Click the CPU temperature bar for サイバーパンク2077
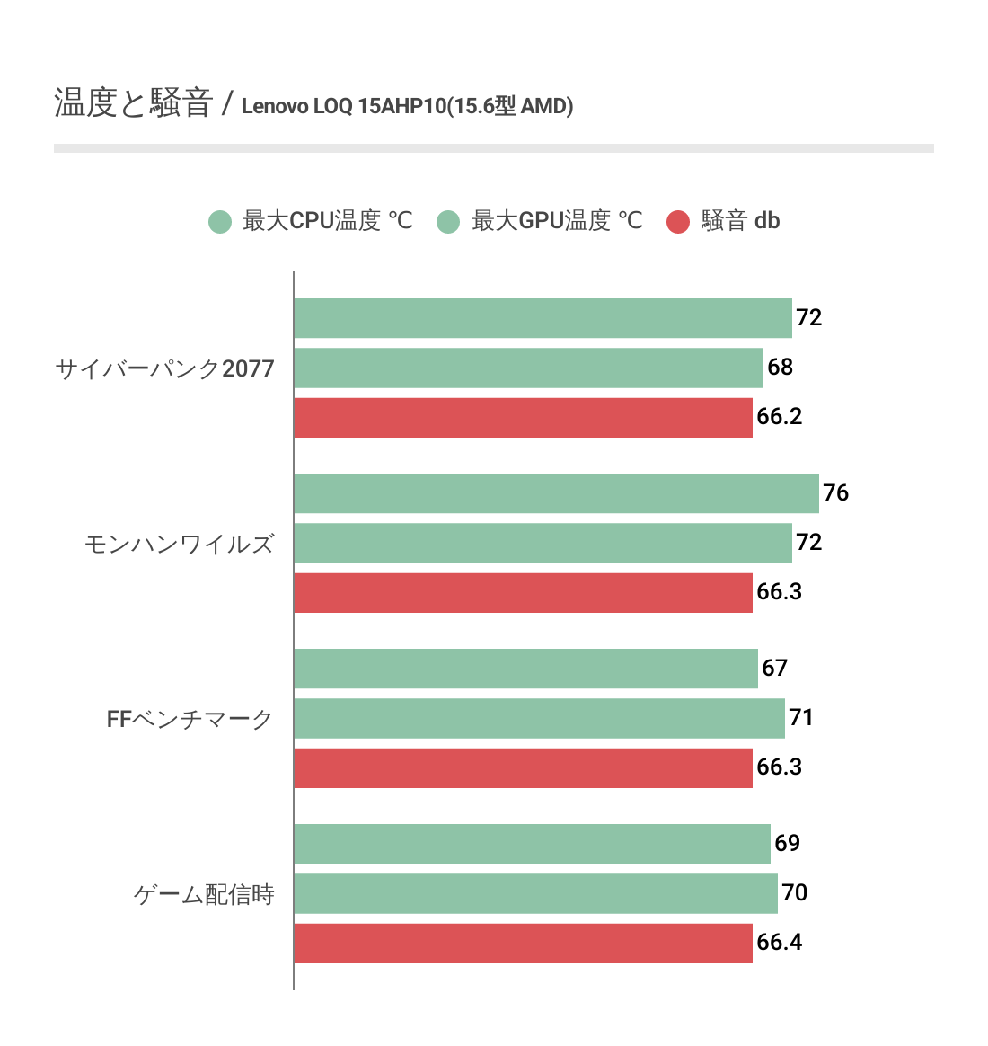click(543, 318)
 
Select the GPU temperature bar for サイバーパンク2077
click(528, 368)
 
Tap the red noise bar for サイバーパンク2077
click(523, 417)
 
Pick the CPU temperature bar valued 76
click(556, 493)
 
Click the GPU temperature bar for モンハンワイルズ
click(543, 543)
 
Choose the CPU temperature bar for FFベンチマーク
click(525, 669)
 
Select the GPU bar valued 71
click(539, 718)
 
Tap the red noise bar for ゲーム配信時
click(523, 943)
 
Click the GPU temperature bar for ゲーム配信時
click(535, 893)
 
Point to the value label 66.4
click(780, 943)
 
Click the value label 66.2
click(780, 417)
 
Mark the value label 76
click(836, 493)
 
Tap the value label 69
click(788, 844)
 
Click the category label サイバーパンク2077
click(164, 368)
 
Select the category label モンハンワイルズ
click(179, 545)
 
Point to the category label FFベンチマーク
click(190, 719)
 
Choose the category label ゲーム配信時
click(204, 894)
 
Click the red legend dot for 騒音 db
click(678, 221)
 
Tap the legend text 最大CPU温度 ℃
click(328, 221)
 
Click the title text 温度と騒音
click(133, 103)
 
